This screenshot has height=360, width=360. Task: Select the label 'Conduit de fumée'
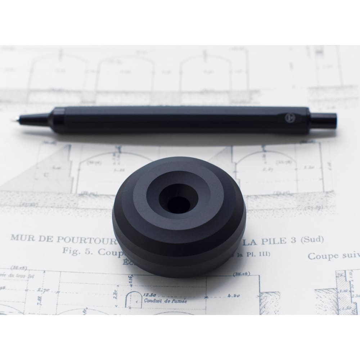click(161, 299)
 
